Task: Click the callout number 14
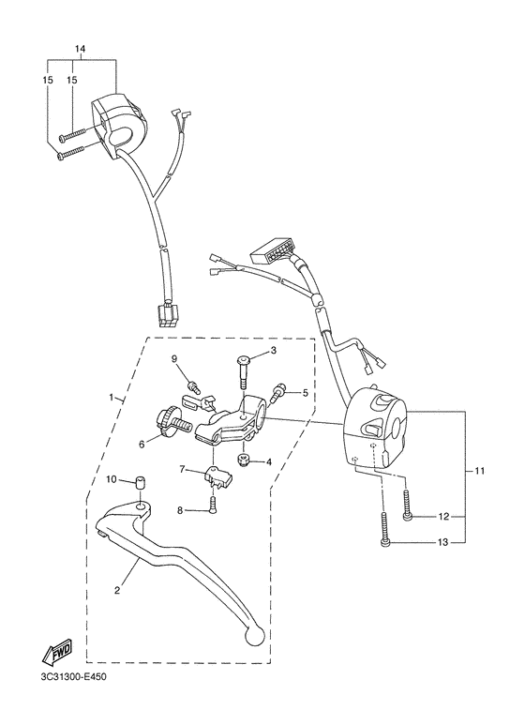point(80,48)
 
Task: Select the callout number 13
point(443,542)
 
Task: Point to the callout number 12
point(443,517)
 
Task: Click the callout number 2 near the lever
point(117,591)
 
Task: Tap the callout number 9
point(173,360)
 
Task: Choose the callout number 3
point(274,351)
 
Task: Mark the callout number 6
point(142,445)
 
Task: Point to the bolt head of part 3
point(243,359)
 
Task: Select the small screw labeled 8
point(211,506)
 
